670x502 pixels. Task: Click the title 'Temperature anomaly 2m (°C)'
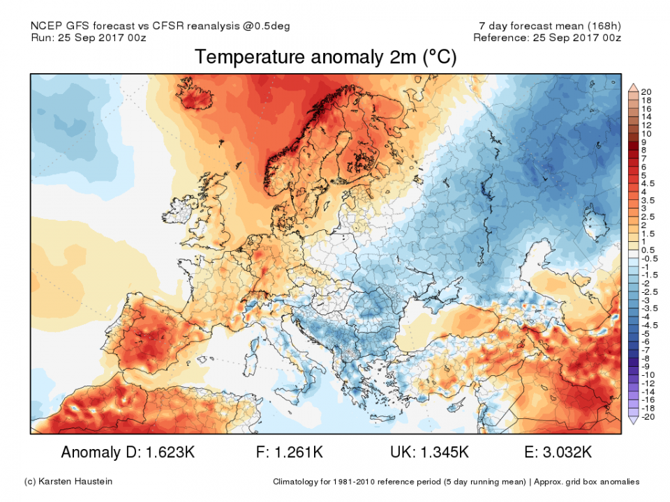[325, 57]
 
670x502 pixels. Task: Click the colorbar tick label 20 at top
[646, 92]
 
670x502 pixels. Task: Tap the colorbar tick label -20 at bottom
[648, 416]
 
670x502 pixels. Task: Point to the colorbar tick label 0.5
[648, 250]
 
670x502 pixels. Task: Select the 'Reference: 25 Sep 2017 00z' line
[546, 38]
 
